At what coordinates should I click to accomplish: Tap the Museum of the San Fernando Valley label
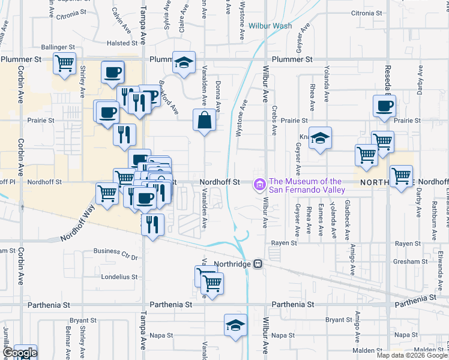click(307, 185)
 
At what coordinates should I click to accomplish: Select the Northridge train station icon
click(258, 263)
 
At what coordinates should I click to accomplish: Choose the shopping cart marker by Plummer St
click(64, 63)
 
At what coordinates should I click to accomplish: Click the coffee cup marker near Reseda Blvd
click(384, 106)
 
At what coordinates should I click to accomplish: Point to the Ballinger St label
click(58, 46)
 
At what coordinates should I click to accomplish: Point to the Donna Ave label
click(218, 97)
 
